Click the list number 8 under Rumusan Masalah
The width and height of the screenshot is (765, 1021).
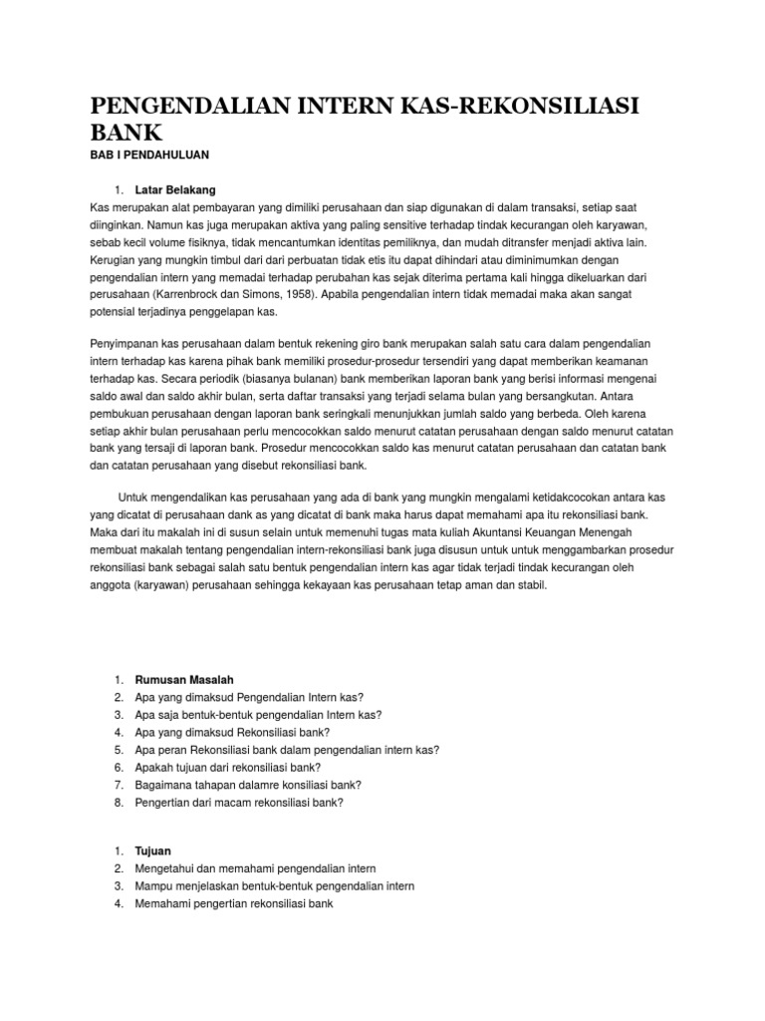[x=118, y=803]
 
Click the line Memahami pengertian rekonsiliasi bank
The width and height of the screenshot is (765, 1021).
[x=233, y=904]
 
